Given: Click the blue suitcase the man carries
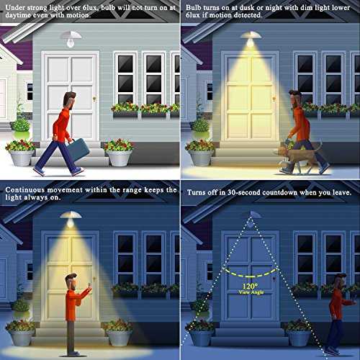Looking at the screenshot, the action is (x=78, y=150).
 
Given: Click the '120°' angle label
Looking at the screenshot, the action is (x=250, y=286).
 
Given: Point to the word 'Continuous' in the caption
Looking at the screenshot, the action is (x=25, y=190).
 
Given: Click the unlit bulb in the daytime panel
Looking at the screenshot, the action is (x=71, y=42).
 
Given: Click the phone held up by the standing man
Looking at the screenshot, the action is (x=89, y=285).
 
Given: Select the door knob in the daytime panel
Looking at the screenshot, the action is (x=94, y=98).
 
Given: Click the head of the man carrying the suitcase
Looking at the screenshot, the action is (x=69, y=100).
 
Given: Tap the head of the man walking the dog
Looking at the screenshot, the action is (x=295, y=98).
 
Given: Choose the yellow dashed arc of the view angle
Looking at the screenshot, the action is (x=250, y=274).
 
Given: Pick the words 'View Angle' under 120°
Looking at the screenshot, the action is (x=251, y=292).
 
